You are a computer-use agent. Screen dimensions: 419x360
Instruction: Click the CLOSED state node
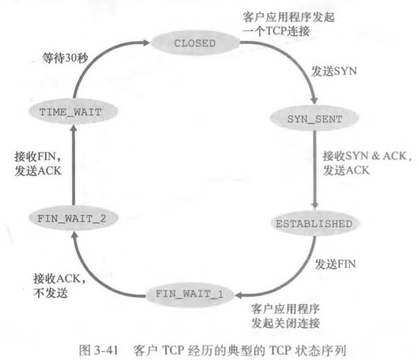(195, 43)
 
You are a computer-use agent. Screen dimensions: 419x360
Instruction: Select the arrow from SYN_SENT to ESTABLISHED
(316, 170)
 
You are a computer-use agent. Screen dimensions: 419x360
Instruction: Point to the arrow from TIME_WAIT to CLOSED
(97, 66)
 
